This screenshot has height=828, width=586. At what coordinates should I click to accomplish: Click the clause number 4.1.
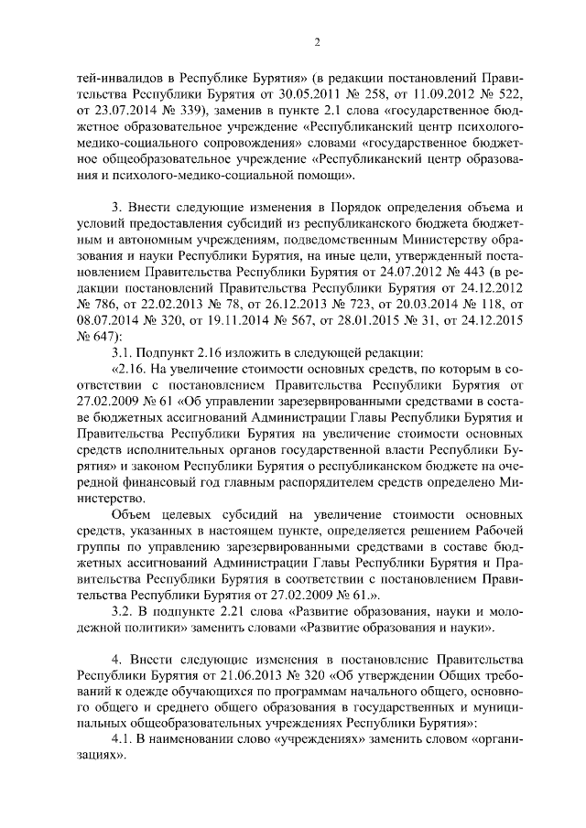pyautogui.click(x=123, y=743)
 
